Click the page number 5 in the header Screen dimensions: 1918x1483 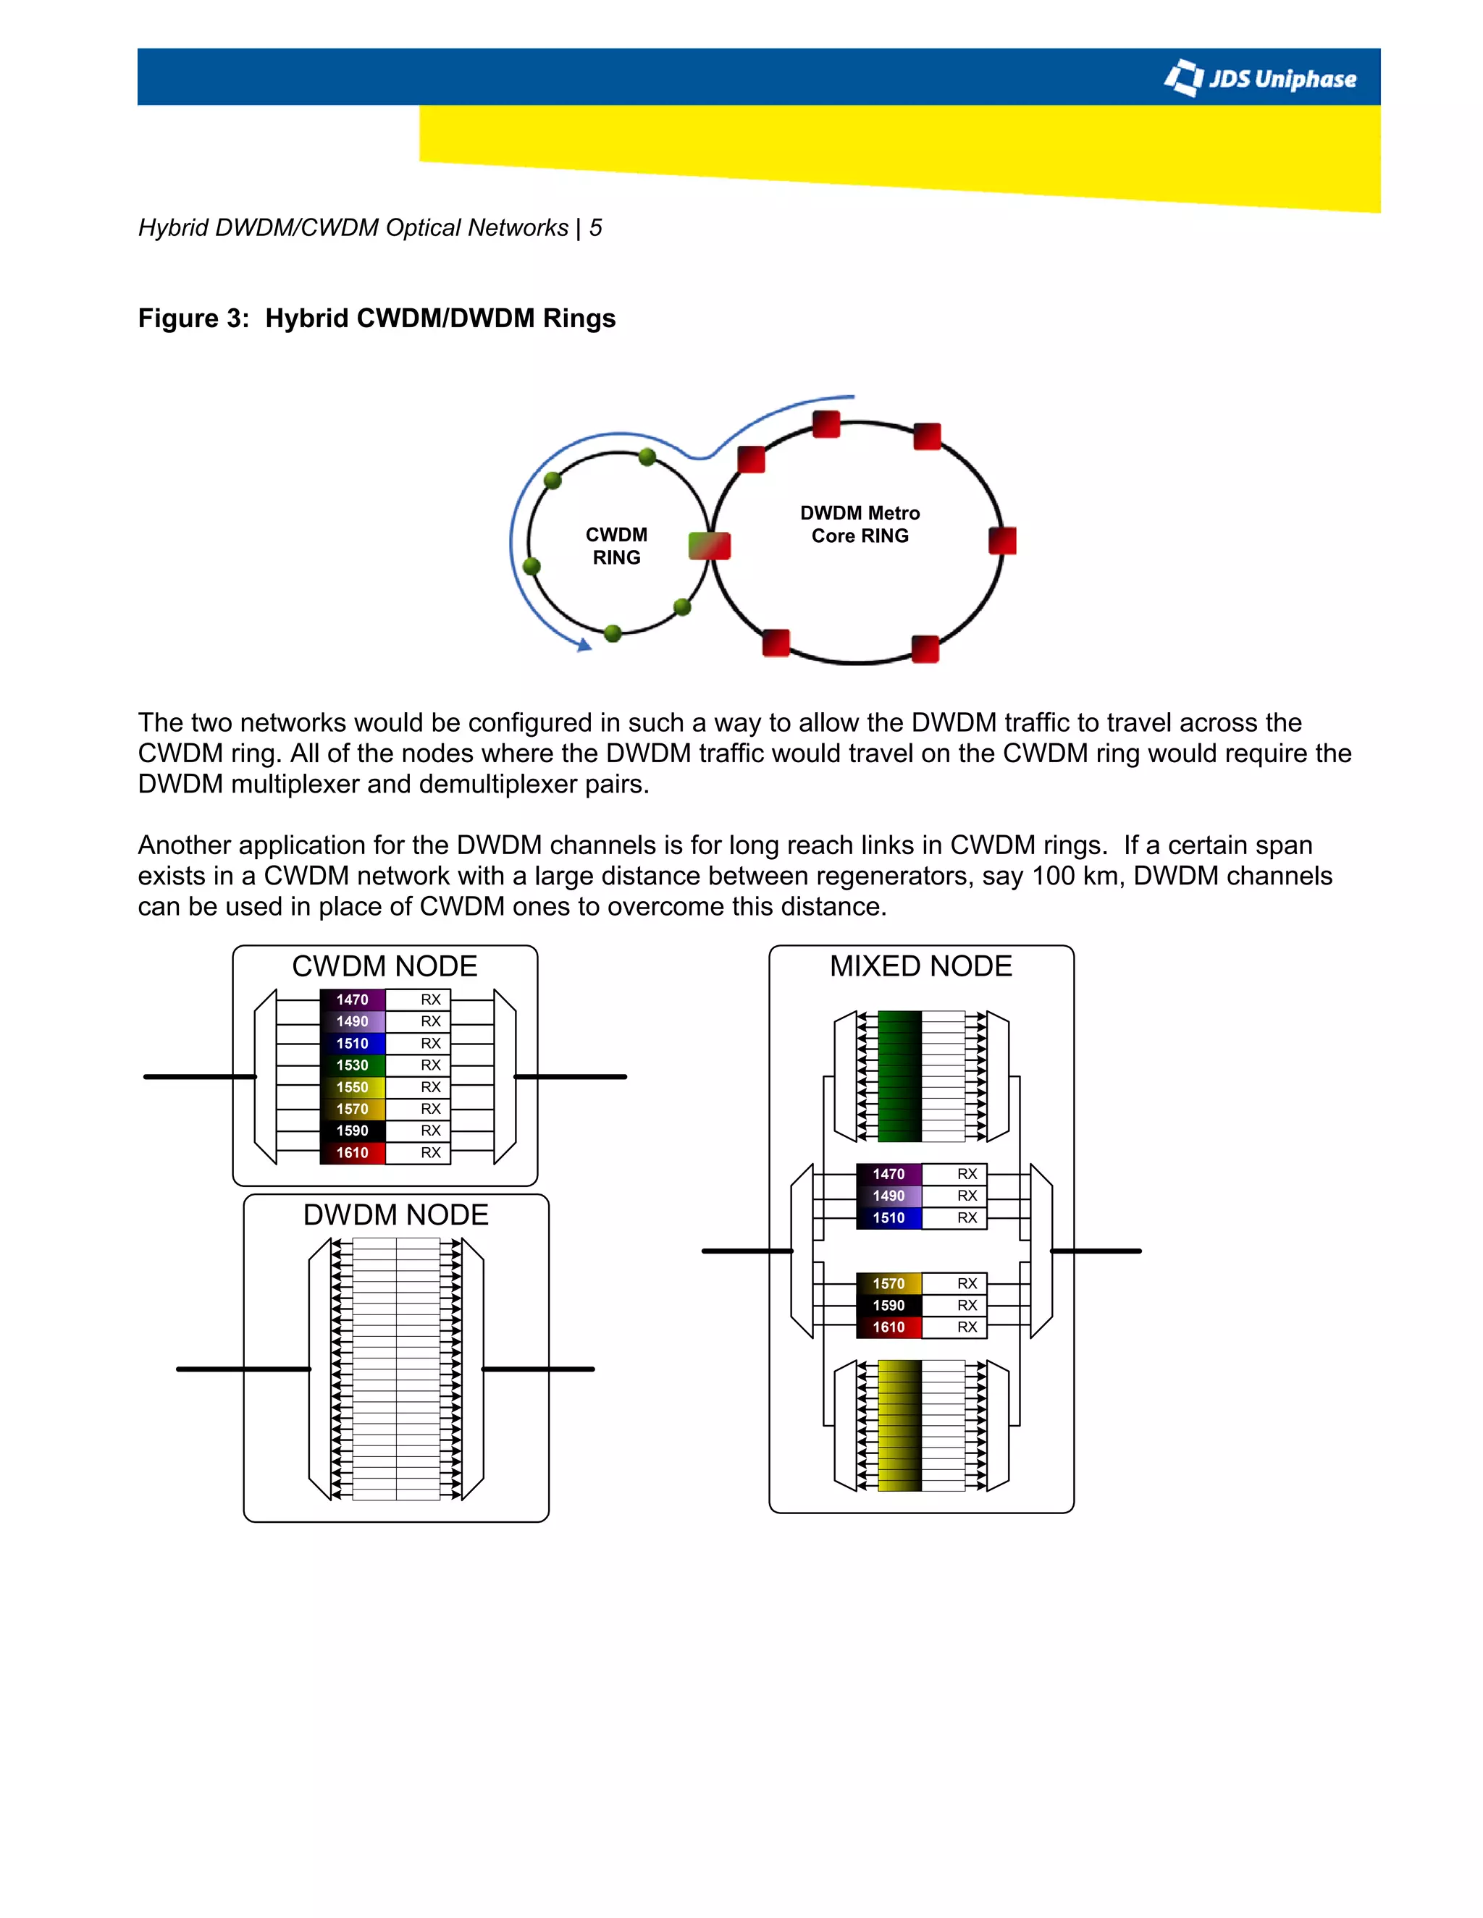pyautogui.click(x=596, y=228)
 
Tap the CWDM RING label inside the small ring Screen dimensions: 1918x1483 pyautogui.click(x=616, y=546)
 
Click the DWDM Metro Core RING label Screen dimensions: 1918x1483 pyautogui.click(x=860, y=524)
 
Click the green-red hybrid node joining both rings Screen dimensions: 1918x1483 pyautogui.click(x=709, y=546)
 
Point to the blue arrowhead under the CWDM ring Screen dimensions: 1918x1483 pyautogui.click(x=584, y=646)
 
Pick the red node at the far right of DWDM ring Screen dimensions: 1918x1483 pyautogui.click(x=1001, y=541)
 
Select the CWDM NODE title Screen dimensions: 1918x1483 pyautogui.click(x=384, y=966)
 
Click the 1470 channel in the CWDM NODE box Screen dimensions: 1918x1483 pyautogui.click(x=353, y=1000)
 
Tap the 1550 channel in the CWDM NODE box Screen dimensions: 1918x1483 pyautogui.click(x=353, y=1087)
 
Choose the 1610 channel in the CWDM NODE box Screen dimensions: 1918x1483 pyautogui.click(x=353, y=1153)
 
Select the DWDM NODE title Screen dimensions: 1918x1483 pyautogui.click(x=395, y=1214)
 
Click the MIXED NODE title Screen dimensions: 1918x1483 pyautogui.click(x=921, y=966)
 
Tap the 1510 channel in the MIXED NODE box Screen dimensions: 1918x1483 pyautogui.click(x=888, y=1218)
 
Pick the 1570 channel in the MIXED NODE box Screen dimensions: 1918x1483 pyautogui.click(x=888, y=1284)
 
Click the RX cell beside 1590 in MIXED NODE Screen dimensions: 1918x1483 pyautogui.click(x=967, y=1306)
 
